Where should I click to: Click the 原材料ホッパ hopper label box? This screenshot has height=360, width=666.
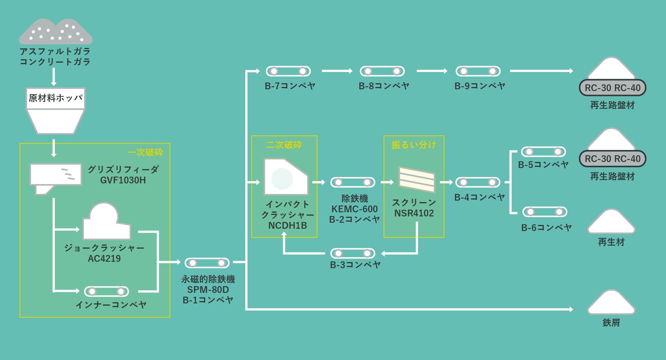(55, 98)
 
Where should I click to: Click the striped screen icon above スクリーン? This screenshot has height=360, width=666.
(417, 179)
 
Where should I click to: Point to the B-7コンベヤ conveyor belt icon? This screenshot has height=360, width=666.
(288, 71)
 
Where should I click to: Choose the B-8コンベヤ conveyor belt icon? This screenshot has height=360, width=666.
(382, 71)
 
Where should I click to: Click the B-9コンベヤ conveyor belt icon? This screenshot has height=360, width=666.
(478, 71)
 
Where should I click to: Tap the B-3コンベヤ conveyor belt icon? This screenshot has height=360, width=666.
(353, 253)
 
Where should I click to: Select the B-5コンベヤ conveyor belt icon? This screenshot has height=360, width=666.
(543, 152)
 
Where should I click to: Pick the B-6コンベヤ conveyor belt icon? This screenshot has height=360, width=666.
(545, 212)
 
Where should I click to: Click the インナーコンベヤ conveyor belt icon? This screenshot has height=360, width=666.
(106, 291)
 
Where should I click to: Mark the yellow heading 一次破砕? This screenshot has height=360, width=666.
(145, 152)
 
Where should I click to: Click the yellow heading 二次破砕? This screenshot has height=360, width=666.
(284, 145)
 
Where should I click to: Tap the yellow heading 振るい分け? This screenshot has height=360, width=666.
(414, 145)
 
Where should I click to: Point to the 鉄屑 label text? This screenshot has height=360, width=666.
(611, 322)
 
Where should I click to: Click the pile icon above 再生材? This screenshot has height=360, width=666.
(611, 222)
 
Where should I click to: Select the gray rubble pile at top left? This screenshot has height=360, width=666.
(55, 32)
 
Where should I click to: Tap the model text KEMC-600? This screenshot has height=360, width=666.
(354, 209)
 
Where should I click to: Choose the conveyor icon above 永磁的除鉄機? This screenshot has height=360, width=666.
(207, 263)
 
